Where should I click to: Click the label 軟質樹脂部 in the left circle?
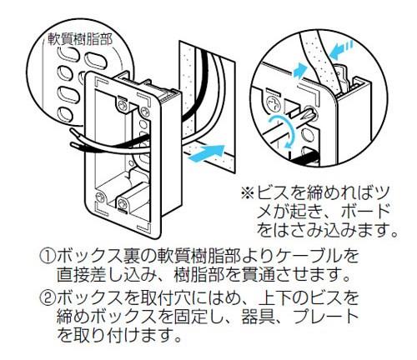pos(80,39)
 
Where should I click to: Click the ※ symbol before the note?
pos(248,192)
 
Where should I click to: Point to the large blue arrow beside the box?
pos(206,153)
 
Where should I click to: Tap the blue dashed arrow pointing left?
pos(343,50)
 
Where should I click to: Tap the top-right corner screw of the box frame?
pos(144,111)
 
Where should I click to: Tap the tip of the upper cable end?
pos(72,129)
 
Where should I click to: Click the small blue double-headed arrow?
pos(299,70)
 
